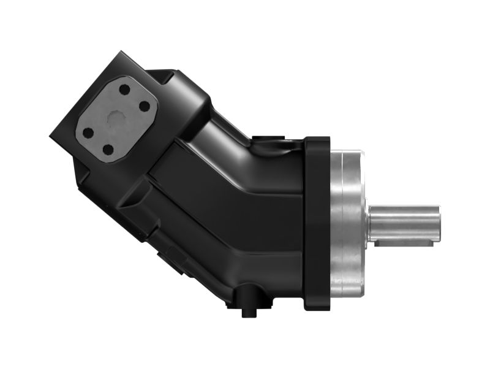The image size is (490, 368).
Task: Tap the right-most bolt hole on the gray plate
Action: [145, 106]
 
